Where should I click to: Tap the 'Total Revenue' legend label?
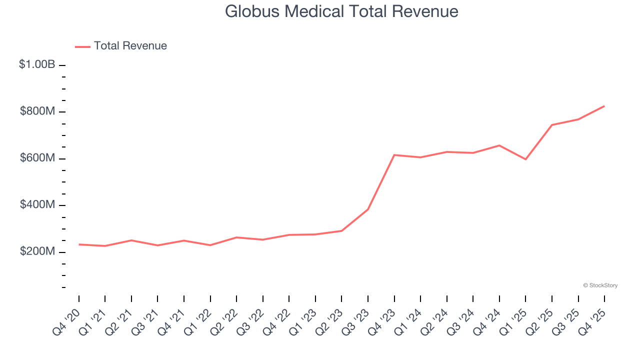tap(130, 46)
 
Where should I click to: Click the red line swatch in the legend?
tap(82, 46)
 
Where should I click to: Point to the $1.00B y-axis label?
tap(37, 64)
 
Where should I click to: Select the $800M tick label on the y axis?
tap(37, 111)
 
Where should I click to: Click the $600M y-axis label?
tap(37, 158)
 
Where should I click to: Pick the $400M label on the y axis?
tap(37, 205)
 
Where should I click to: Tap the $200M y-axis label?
tap(37, 251)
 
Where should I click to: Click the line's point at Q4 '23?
tap(394, 155)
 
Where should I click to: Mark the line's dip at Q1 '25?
tap(525, 159)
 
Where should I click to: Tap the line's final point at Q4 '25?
tap(604, 106)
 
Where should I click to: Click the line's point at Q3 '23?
tap(368, 209)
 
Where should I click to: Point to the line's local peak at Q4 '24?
tap(499, 145)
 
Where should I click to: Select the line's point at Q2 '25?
tap(552, 125)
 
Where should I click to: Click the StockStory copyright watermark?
tap(600, 285)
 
